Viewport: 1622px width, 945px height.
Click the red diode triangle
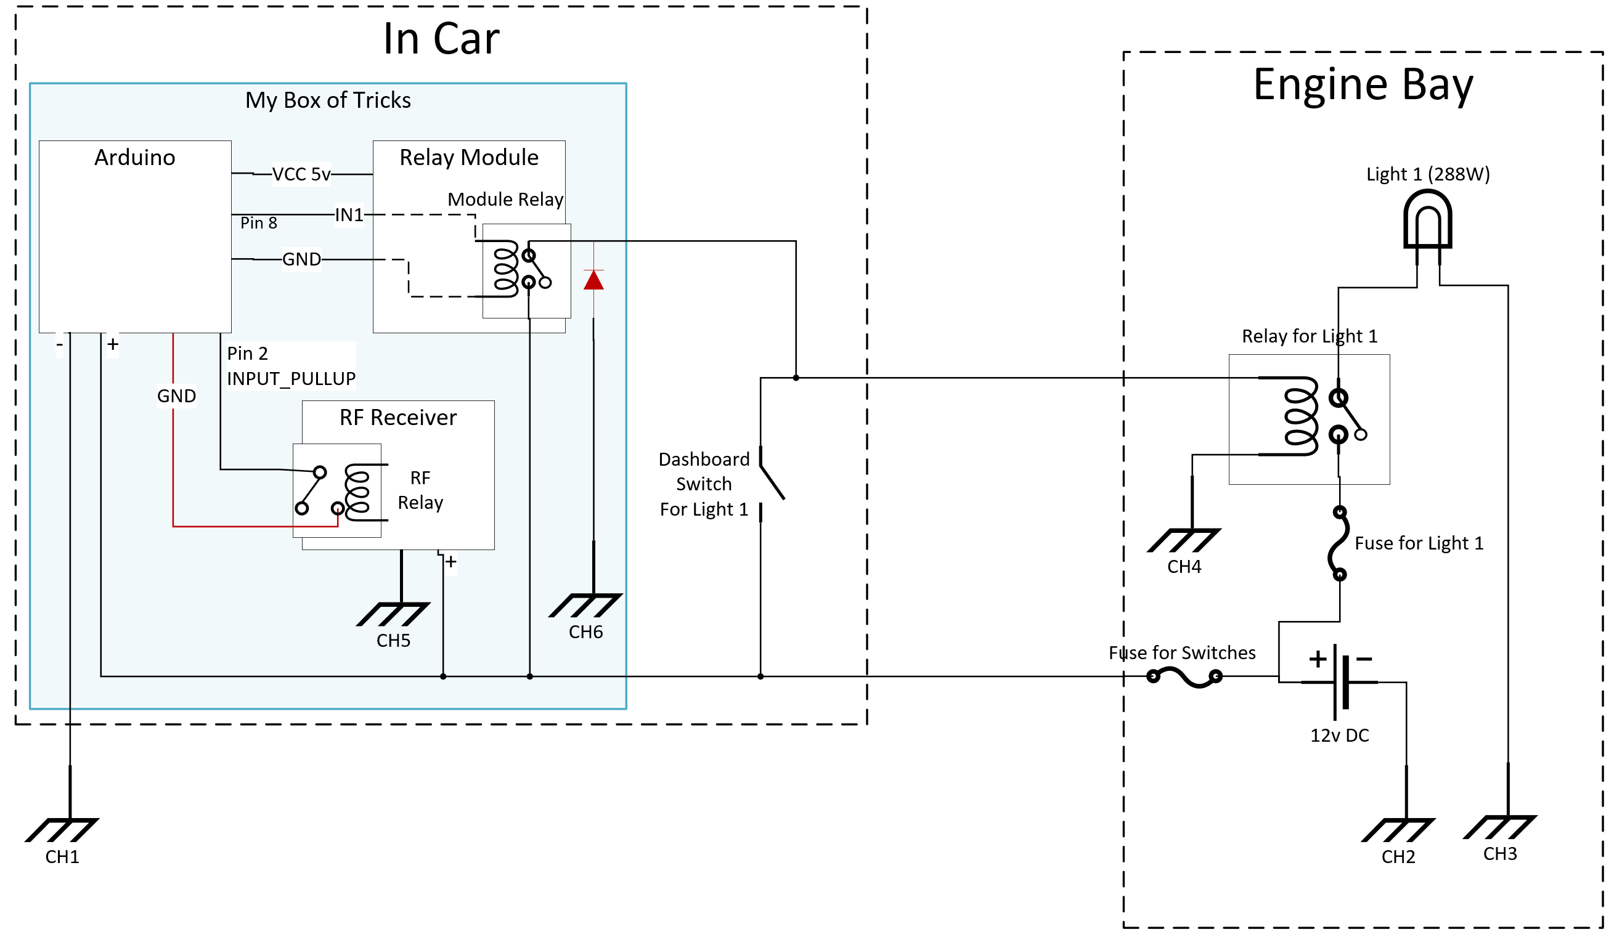[593, 280]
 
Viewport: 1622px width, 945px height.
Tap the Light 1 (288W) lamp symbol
[1428, 222]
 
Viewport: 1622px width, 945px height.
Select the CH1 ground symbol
[62, 829]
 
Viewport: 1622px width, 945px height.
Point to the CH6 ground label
[585, 631]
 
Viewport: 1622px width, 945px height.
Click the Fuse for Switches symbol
[1184, 676]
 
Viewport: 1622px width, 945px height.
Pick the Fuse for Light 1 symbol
[1338, 543]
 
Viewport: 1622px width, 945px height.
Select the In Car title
[441, 39]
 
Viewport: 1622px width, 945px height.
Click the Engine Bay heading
[1363, 84]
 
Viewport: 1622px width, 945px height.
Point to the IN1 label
[349, 215]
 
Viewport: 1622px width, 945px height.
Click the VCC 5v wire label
[301, 174]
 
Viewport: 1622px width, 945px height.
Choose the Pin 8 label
[259, 223]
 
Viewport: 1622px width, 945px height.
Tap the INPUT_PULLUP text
[291, 379]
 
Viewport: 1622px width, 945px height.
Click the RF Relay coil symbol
[358, 492]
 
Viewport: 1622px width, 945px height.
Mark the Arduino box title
[134, 158]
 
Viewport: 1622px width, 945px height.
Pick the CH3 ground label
[1500, 854]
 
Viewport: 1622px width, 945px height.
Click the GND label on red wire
[176, 395]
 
